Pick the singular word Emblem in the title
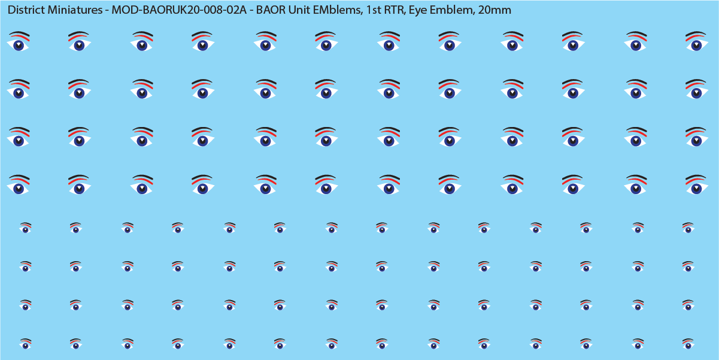tap(451, 10)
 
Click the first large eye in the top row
tap(19, 44)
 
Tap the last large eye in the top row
tap(696, 44)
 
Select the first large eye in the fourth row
tap(19, 187)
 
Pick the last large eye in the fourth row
tap(696, 187)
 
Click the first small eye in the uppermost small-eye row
tap(25, 229)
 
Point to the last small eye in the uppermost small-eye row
tap(688, 229)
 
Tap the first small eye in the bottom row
tap(25, 345)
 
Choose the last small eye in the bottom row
tap(688, 345)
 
